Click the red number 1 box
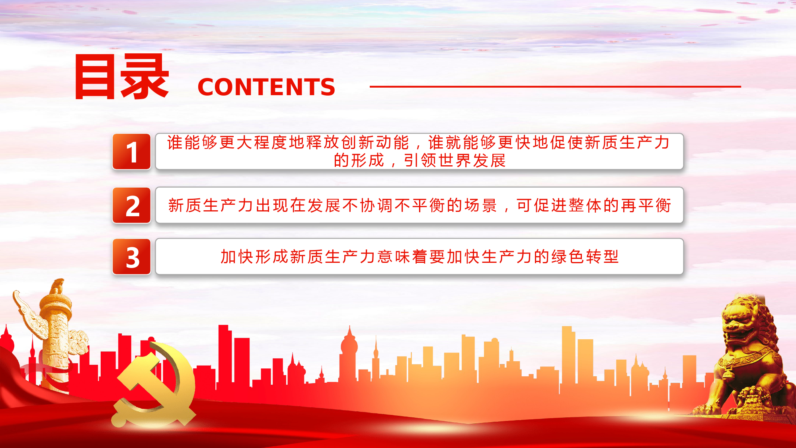point(131,152)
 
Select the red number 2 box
point(131,205)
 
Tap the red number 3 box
point(131,257)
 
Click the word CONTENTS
point(266,87)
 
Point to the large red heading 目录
point(122,76)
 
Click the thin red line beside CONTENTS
point(555,86)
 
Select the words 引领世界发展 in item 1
point(455,160)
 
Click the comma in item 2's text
point(506,209)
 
